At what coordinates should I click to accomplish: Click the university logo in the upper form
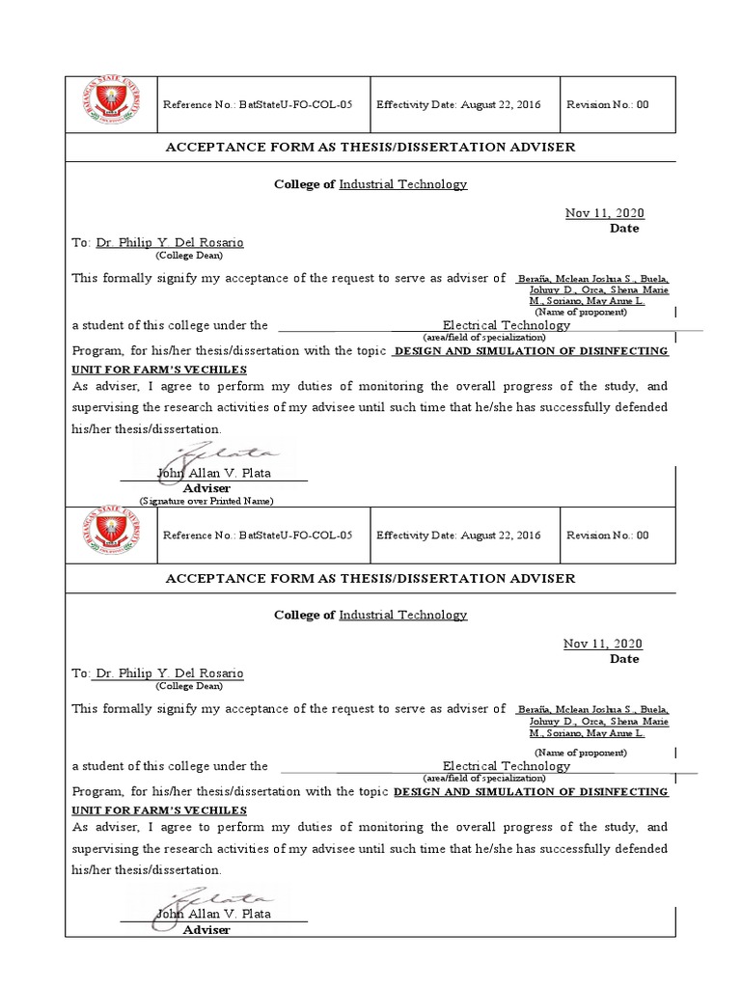(111, 104)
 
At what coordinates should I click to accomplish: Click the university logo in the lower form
(111, 535)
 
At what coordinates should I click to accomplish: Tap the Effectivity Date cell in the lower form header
(458, 535)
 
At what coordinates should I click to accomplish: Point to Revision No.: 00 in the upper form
(607, 104)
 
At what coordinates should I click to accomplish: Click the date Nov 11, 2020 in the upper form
(604, 213)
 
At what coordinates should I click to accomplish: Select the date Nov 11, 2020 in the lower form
(603, 644)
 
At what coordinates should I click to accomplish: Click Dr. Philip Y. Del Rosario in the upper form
(170, 243)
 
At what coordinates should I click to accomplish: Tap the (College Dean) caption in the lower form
(189, 686)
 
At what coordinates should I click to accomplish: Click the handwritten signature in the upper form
(220, 453)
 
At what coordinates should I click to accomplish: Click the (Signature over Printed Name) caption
(206, 501)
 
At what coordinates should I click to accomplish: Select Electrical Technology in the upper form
(507, 325)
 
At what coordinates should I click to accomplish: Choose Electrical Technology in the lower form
(507, 766)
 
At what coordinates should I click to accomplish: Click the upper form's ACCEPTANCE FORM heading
(370, 147)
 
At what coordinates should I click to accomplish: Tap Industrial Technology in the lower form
(402, 615)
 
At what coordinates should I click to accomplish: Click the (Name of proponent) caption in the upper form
(582, 312)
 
